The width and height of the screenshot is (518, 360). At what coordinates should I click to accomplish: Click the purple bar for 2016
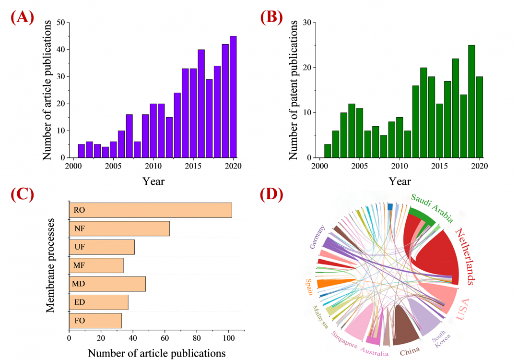click(201, 104)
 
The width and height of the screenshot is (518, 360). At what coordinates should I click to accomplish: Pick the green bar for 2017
click(456, 108)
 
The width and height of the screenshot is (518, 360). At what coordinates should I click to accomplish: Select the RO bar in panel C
click(151, 210)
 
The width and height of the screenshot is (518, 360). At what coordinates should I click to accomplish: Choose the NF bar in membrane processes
click(119, 229)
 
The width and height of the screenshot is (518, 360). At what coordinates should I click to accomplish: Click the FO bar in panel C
click(95, 320)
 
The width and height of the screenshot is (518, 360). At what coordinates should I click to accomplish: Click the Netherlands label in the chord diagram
click(464, 257)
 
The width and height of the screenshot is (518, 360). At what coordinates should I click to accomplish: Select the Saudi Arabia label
click(432, 208)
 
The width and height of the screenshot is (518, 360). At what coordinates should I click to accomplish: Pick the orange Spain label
click(308, 287)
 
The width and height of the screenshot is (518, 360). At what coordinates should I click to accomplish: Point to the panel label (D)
click(271, 194)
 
